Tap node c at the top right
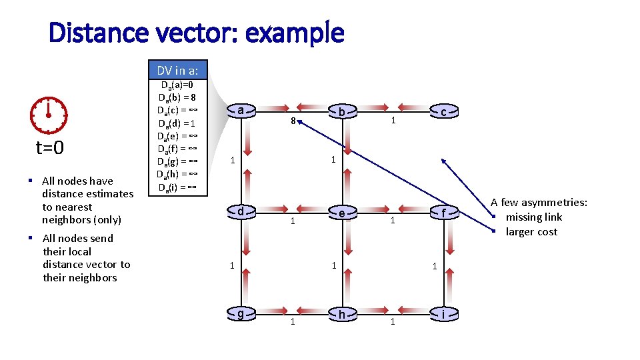443,112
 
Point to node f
443,213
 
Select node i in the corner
443,314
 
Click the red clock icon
49,115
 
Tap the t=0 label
49,147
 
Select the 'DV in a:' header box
177,70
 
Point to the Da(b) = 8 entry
177,97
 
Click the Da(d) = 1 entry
177,123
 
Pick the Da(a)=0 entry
177,85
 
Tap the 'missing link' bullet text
533,217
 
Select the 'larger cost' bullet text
531,232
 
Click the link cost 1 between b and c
393,121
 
